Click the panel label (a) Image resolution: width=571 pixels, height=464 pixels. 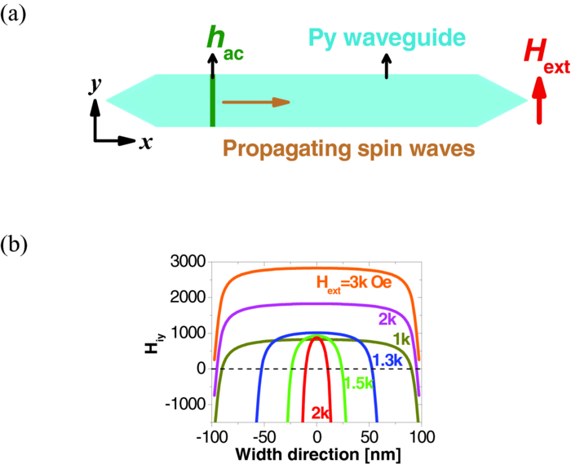point(15,15)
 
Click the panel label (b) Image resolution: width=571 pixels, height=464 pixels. point(15,244)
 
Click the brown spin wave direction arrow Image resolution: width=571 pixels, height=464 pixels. point(255,102)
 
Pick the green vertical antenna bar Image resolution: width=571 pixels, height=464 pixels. point(213,102)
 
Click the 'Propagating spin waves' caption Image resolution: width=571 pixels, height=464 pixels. point(349,149)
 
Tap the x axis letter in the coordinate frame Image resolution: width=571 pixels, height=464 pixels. point(146,143)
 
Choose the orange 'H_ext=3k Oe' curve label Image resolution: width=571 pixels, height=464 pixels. point(355,283)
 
